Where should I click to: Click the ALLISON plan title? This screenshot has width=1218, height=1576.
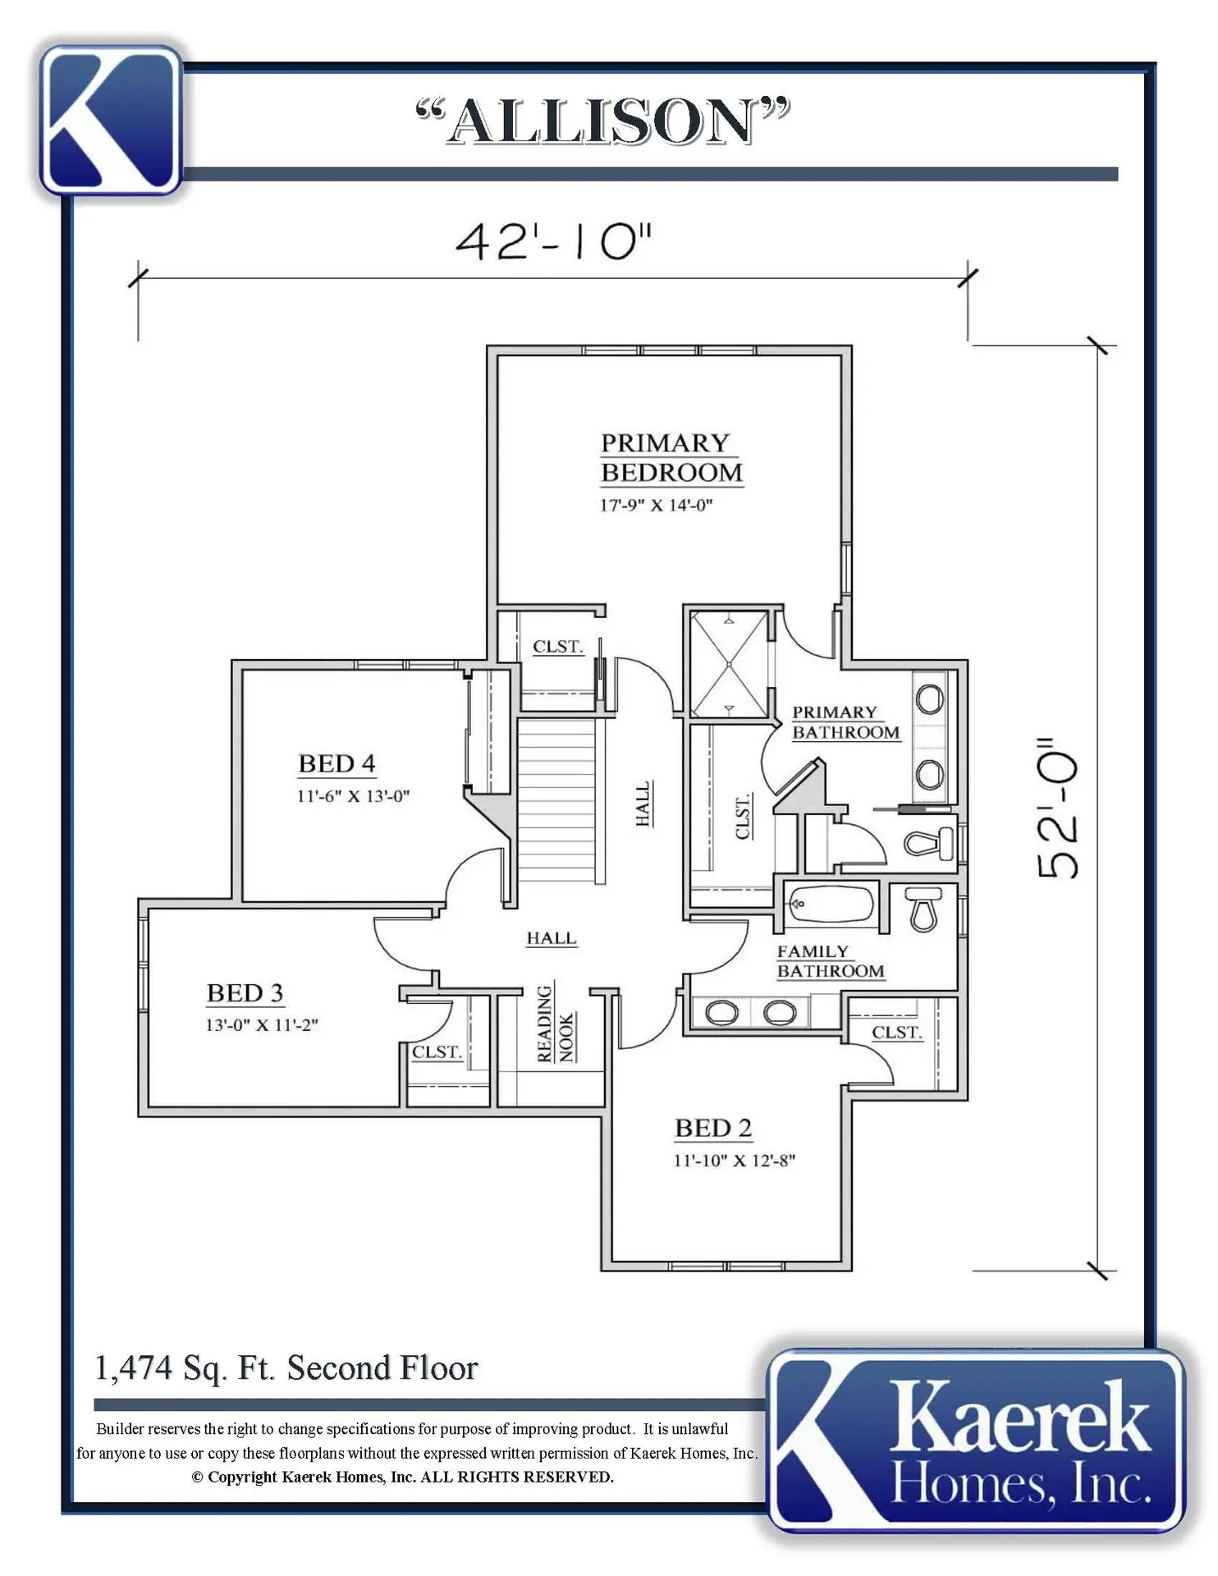603,121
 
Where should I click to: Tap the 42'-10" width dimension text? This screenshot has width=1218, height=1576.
554,242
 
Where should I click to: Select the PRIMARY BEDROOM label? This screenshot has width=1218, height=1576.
671,458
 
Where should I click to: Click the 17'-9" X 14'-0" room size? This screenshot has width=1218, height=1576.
656,506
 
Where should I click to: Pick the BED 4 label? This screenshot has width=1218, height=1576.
337,763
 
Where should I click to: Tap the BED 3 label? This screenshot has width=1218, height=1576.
245,993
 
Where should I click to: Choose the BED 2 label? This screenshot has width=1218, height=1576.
713,1128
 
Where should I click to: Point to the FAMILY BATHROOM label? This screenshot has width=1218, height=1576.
831,961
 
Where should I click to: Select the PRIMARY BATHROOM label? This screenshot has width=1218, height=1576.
845,722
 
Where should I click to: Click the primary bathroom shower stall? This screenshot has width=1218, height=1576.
729,663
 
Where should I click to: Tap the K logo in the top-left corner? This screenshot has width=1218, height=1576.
111,120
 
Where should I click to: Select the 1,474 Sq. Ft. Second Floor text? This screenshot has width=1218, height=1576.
286,1368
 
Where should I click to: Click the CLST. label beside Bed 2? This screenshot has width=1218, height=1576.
897,1032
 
